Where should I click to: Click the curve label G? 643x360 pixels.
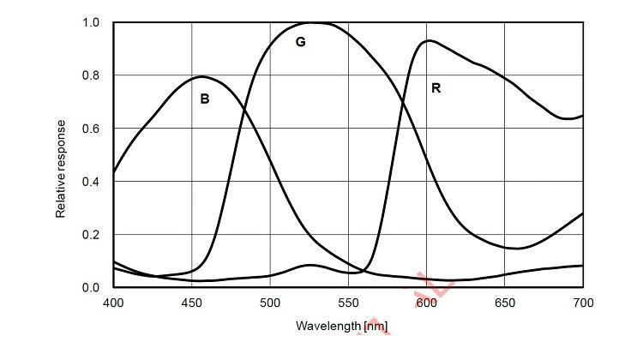pos(300,42)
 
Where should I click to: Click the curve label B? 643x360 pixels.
pos(204,99)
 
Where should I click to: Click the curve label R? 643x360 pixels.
pos(436,88)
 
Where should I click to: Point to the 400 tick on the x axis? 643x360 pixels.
pos(112,303)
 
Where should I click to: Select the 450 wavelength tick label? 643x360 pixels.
pos(191,303)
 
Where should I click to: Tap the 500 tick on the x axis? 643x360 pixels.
pos(270,303)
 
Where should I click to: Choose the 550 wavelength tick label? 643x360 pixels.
pos(347,303)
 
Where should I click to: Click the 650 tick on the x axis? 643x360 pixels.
pos(504,303)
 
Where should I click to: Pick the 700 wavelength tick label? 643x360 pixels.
pos(583,303)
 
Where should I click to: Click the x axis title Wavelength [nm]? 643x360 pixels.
pos(341,327)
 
